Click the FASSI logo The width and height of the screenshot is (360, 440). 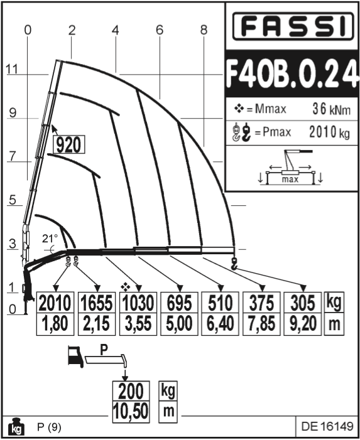pyautogui.click(x=293, y=26)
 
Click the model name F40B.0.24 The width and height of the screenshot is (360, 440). pyautogui.click(x=292, y=74)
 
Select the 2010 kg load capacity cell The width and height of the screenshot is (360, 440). pyautogui.click(x=55, y=303)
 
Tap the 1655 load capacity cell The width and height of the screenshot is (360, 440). pyautogui.click(x=97, y=303)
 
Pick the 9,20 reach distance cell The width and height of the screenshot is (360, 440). pyautogui.click(x=303, y=324)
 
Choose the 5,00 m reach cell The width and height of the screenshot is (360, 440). pyautogui.click(x=179, y=324)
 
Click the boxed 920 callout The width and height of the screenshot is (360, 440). pyautogui.click(x=69, y=144)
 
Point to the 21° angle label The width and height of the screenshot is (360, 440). pyautogui.click(x=50, y=239)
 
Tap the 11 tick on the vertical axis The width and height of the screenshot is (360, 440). pyautogui.click(x=12, y=69)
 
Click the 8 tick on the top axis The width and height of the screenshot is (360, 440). pyautogui.click(x=204, y=30)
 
